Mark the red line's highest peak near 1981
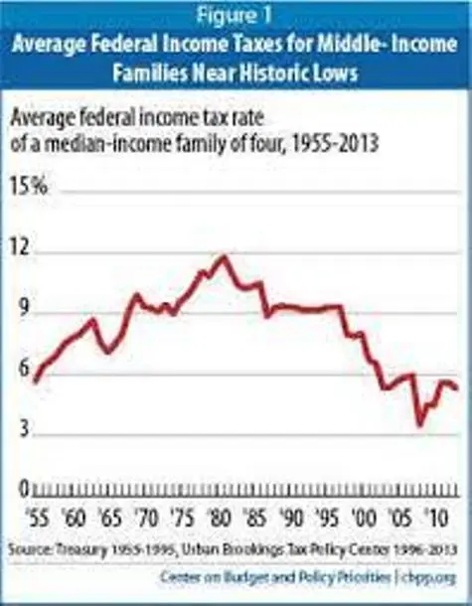224,257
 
